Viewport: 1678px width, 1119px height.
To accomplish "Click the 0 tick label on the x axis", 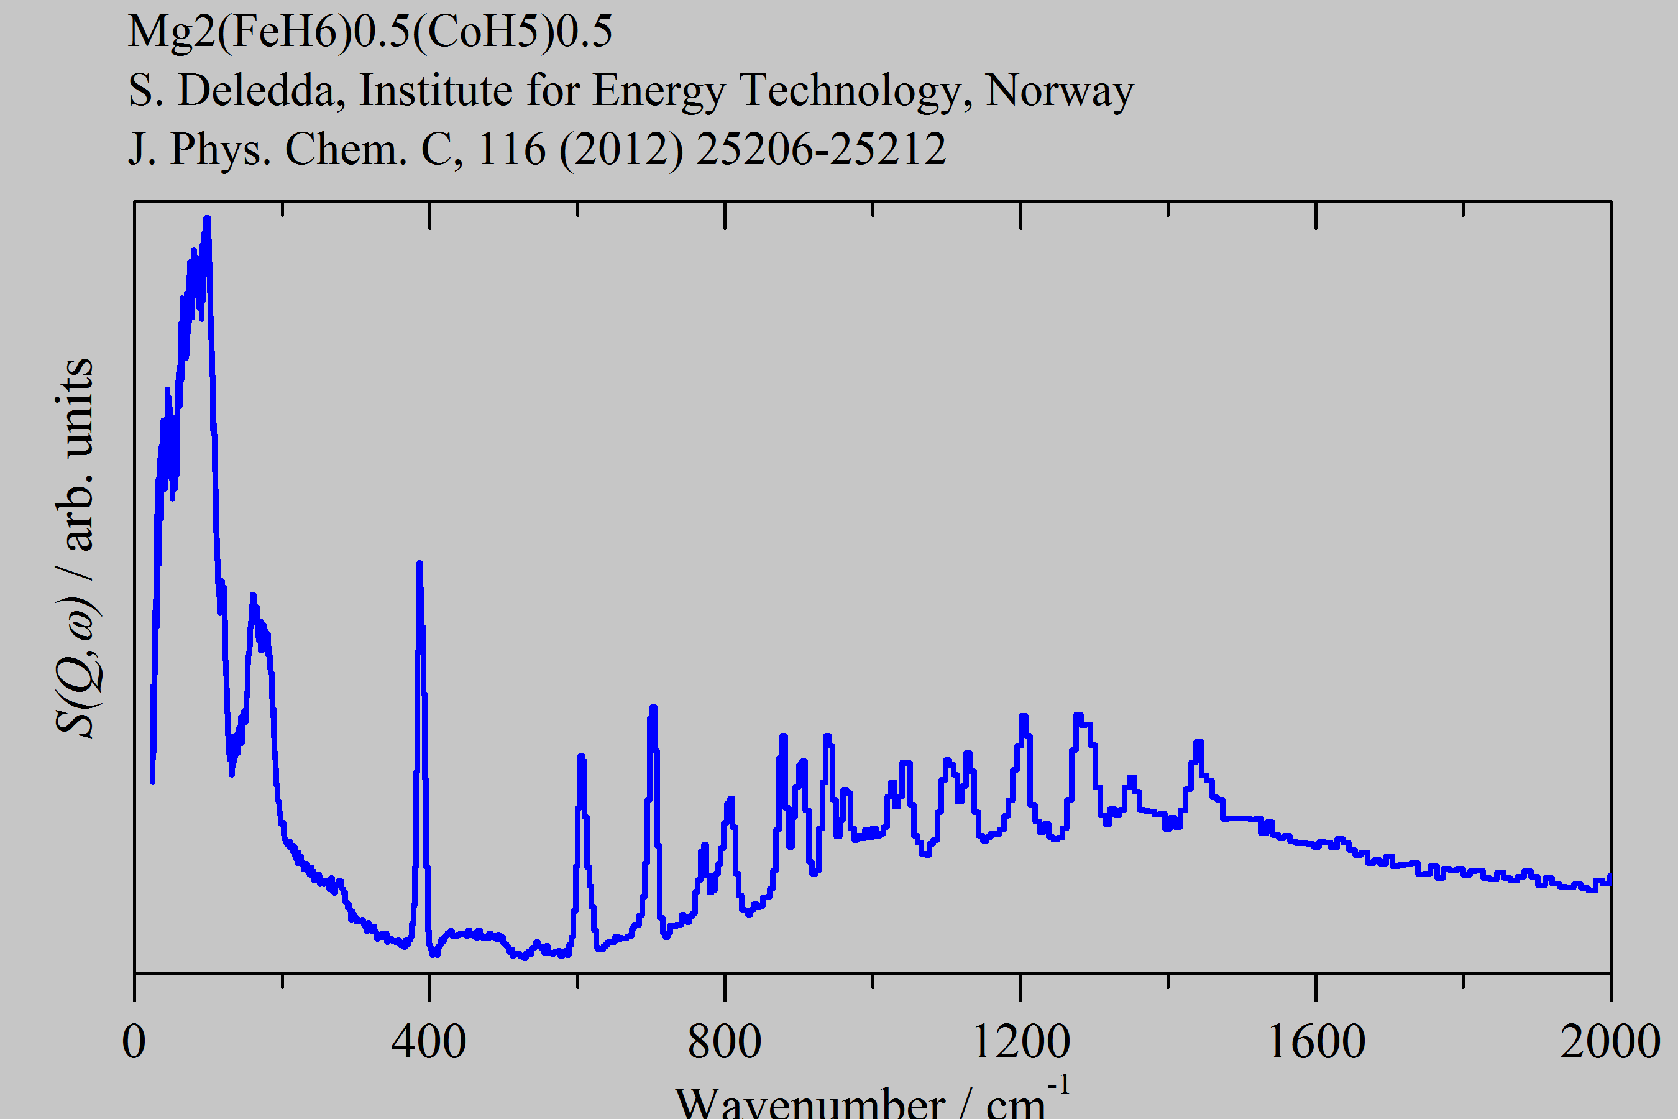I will tap(134, 1043).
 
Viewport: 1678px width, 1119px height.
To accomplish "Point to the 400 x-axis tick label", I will tap(429, 1043).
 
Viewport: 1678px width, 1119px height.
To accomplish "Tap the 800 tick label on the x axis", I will tap(724, 1043).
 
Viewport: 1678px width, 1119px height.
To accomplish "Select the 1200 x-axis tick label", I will tap(1021, 1043).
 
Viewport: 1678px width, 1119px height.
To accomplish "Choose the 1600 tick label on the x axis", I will tap(1316, 1043).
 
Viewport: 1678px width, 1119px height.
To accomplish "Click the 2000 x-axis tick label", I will tap(1610, 1043).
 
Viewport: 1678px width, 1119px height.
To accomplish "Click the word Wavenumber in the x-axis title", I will tap(810, 1103).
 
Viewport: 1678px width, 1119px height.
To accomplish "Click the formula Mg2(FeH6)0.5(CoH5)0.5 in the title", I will tap(370, 32).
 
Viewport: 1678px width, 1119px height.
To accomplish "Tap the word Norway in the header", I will tap(1059, 91).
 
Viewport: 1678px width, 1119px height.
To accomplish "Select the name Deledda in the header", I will tap(261, 91).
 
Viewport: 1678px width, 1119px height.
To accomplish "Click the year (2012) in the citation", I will tap(621, 150).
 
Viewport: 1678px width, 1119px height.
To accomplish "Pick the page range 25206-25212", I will tap(820, 150).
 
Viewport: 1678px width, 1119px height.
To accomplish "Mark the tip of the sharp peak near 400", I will tap(419, 564).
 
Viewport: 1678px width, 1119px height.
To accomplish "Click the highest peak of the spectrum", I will tap(207, 218).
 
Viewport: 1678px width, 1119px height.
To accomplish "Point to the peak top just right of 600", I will tap(580, 757).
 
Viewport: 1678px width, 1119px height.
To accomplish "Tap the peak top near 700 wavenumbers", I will tap(653, 708).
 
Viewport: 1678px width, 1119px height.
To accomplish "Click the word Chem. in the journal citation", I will tap(346, 150).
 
